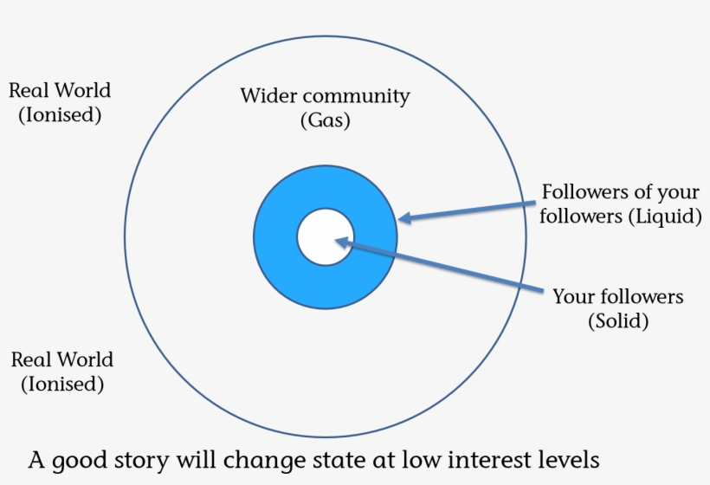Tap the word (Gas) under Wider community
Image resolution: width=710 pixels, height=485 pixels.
pyautogui.click(x=325, y=120)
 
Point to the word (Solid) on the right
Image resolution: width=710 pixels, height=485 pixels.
pyautogui.click(x=617, y=321)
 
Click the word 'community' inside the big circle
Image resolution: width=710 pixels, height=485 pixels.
pyautogui.click(x=358, y=96)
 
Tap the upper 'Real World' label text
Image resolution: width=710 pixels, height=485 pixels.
pyautogui.click(x=59, y=90)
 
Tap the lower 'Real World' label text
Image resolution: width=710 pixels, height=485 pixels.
pyautogui.click(x=61, y=359)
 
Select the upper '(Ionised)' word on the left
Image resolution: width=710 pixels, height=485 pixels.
pyautogui.click(x=60, y=114)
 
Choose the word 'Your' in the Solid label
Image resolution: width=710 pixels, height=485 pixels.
pyautogui.click(x=574, y=297)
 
